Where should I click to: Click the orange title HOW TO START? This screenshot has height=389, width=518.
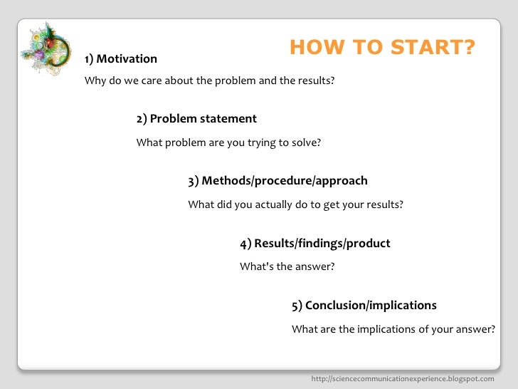[382, 48]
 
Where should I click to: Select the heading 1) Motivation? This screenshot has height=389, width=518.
[121, 58]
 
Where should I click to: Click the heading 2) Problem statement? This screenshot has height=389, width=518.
[196, 119]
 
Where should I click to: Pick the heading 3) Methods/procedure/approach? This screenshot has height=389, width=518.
[277, 181]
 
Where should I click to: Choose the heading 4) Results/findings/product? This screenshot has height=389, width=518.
[314, 244]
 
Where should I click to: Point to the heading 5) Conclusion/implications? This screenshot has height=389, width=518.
[364, 306]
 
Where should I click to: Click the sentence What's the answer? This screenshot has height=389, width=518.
[287, 267]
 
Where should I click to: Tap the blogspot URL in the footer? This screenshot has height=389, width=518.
[403, 378]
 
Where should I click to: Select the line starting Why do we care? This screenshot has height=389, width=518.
[209, 81]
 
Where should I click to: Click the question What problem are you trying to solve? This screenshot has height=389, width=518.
[228, 142]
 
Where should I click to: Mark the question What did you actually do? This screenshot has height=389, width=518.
[295, 204]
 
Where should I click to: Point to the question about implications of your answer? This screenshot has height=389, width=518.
[393, 329]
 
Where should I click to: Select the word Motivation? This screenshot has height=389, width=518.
[127, 58]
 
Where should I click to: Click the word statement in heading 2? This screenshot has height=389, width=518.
[228, 119]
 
